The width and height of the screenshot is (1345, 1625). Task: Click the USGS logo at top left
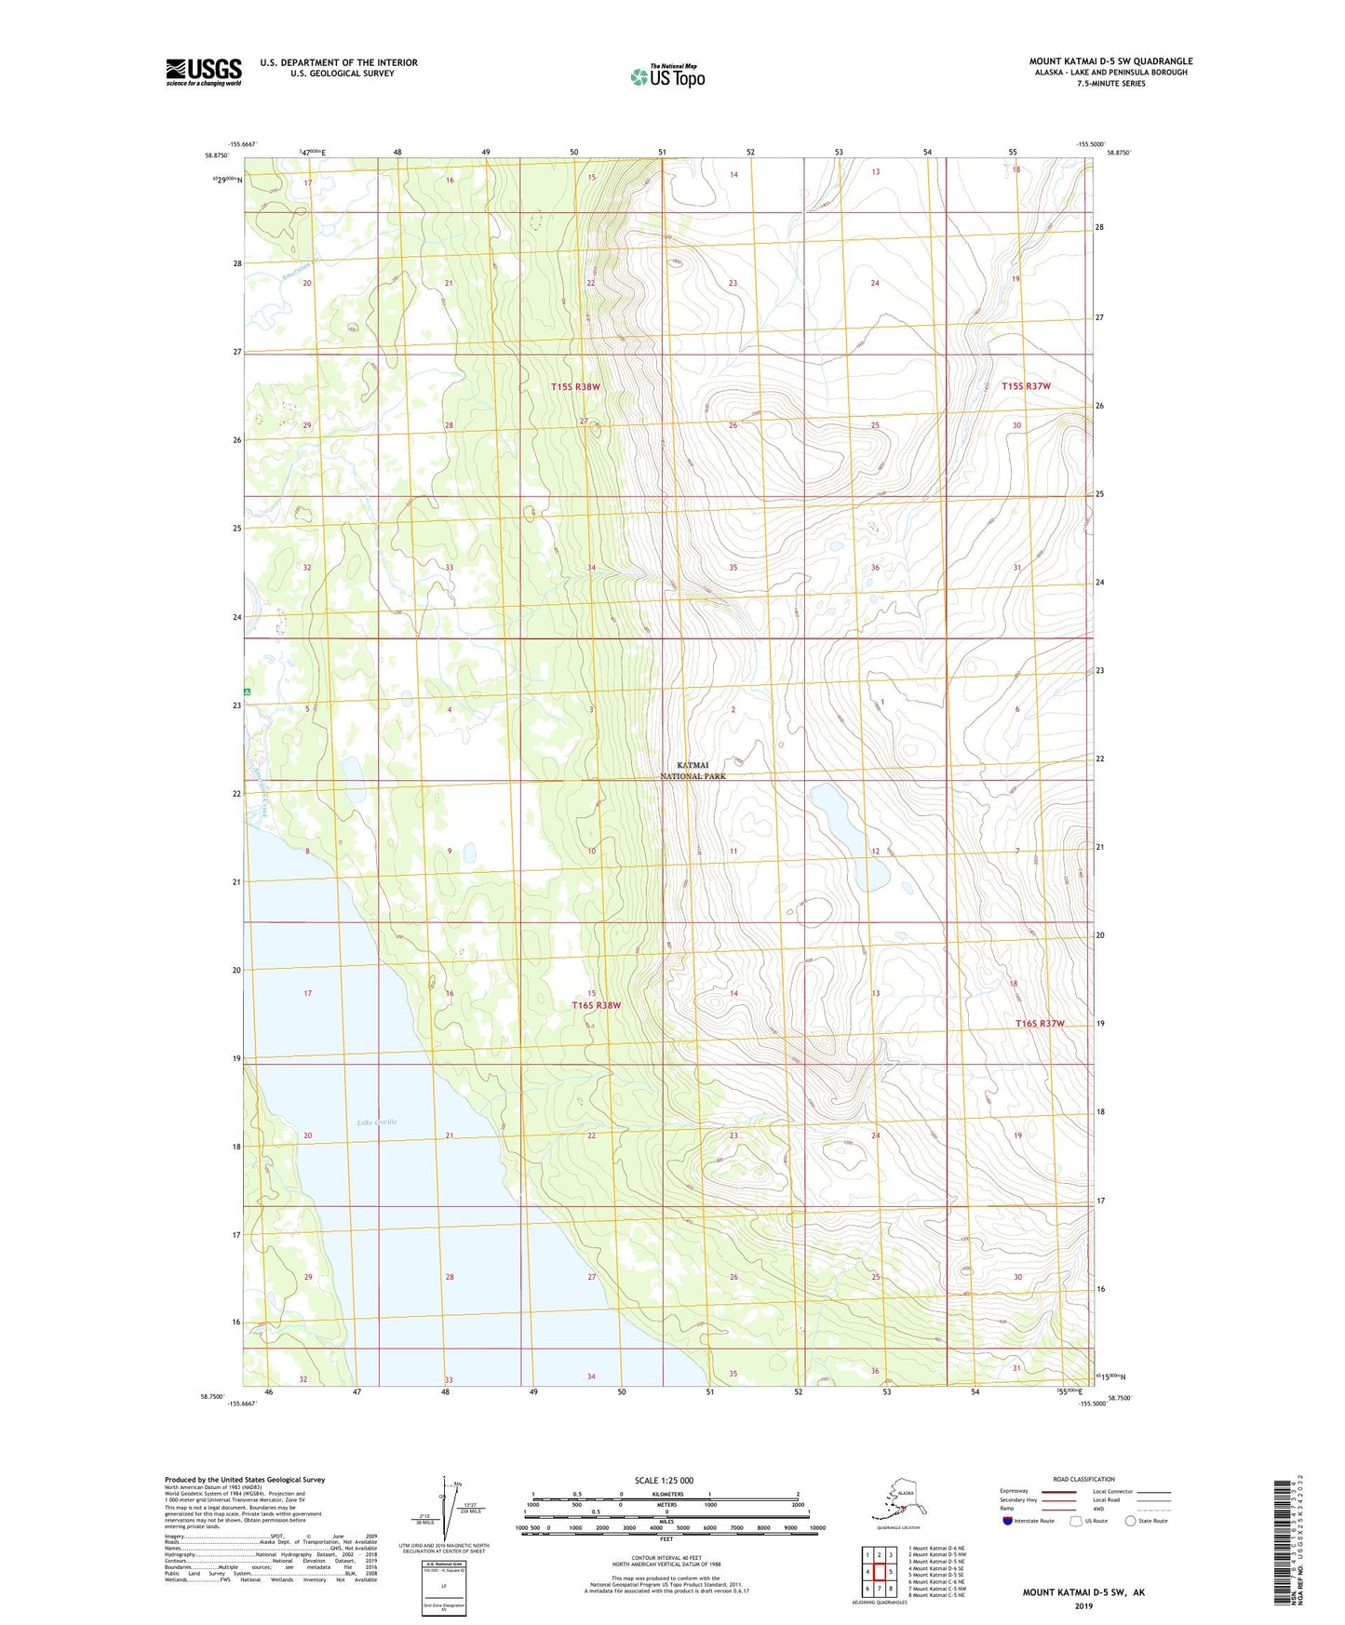pos(203,72)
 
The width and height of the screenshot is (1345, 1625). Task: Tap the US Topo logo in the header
pos(666,76)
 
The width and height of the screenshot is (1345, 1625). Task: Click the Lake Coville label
pos(377,1122)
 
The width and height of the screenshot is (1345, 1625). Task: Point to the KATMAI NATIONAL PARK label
pos(693,771)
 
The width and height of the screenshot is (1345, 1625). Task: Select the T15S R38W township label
pos(575,386)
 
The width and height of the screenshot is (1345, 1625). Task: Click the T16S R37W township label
pos(1040,1024)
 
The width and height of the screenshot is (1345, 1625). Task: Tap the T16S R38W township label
pos(596,1005)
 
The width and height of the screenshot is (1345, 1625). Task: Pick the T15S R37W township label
pos(1026,386)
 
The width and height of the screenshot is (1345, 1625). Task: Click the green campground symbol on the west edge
pos(248,692)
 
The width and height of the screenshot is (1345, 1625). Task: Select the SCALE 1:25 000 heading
pos(664,1481)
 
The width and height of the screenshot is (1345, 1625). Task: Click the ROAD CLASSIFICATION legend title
pos(1083,1479)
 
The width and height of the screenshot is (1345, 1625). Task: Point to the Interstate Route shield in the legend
pos(1007,1521)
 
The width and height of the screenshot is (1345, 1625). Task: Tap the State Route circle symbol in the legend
pos(1130,1521)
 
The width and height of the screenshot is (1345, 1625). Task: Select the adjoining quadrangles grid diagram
pos(879,1574)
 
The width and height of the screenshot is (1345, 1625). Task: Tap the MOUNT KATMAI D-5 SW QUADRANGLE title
pos(1110,61)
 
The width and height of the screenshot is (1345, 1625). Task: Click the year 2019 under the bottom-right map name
pos(1083,1605)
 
